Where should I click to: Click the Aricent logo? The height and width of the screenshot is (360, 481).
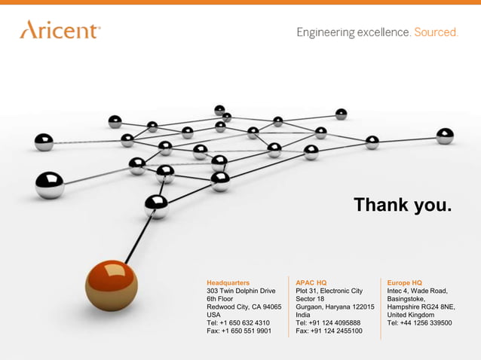60,30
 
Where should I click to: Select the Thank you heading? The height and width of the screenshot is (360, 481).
403,205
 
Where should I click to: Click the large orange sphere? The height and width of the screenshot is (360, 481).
111,285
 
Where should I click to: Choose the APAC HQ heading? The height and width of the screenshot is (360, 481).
311,282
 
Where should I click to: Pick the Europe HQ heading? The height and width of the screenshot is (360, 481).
405,282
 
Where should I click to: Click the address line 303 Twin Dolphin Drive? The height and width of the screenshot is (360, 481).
241,291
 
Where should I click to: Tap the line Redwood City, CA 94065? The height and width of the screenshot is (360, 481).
244,307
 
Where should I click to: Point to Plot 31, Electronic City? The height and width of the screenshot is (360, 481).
329,291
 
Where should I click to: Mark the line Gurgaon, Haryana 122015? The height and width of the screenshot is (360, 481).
335,307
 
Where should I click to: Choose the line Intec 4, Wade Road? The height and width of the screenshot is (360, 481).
418,291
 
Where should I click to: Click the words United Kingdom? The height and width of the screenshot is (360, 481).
410,315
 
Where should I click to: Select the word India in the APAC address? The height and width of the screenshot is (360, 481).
303,315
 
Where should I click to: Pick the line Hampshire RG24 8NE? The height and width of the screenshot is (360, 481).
421,307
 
